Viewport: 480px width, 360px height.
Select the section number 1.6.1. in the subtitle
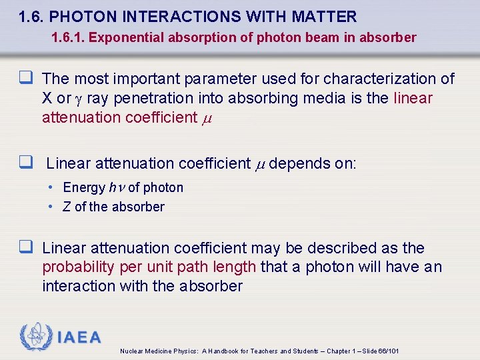coord(67,37)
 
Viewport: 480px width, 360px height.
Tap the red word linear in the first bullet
coord(413,99)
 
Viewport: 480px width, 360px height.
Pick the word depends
coord(296,163)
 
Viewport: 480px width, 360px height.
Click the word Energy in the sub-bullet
coord(84,188)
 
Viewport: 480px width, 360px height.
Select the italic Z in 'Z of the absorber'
coord(67,207)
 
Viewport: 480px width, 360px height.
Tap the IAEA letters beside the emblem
coord(79,337)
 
